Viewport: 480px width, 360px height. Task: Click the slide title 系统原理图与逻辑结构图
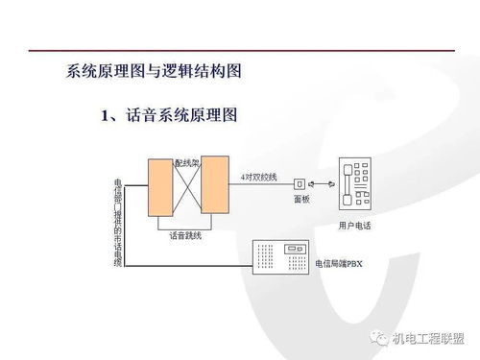pos(153,71)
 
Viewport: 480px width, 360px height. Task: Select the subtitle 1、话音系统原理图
pos(168,116)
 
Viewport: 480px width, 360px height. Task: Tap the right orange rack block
pos(215,186)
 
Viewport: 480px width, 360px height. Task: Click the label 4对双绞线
pos(258,177)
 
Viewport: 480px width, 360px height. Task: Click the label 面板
pos(301,200)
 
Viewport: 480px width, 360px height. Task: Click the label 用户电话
pos(355,226)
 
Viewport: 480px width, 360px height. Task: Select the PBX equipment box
pos(279,256)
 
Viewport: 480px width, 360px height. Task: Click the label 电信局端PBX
pos(339,262)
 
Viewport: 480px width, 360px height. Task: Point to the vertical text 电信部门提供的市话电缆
pos(118,221)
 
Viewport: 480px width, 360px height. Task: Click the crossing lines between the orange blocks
pos(186,187)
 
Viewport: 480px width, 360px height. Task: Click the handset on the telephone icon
pos(345,186)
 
